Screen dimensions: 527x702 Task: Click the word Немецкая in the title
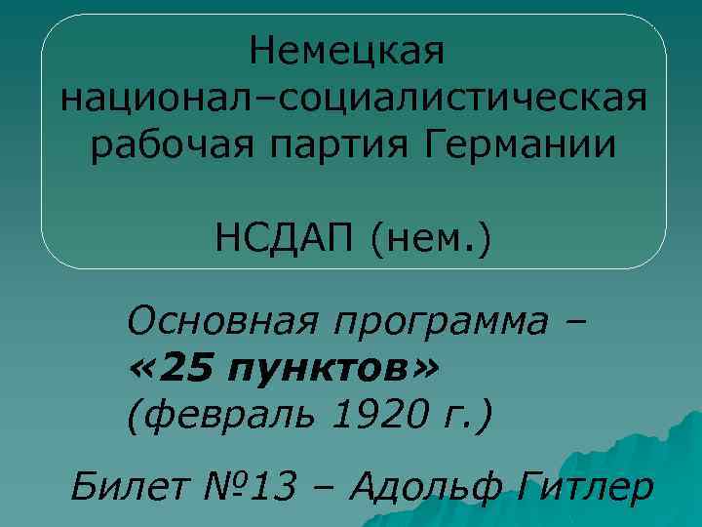(x=347, y=50)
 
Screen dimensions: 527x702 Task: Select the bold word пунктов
(x=317, y=370)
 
